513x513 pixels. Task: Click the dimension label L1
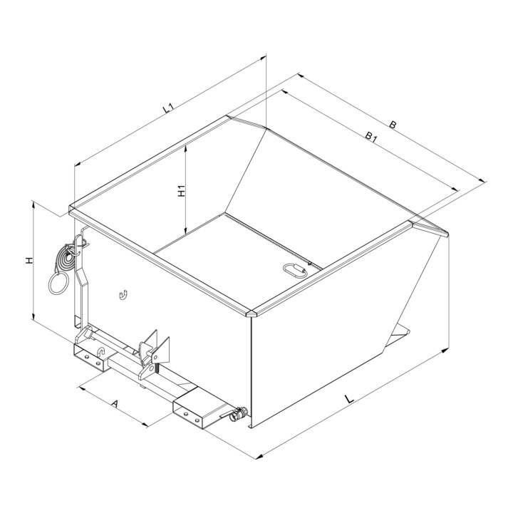169,108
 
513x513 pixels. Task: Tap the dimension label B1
371,137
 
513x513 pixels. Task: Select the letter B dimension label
393,125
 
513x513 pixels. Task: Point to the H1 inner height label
181,191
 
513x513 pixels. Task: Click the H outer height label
30,261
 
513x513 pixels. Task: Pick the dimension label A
114,404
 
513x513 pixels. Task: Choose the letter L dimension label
349,399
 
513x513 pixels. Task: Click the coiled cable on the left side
66,259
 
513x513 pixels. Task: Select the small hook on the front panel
123,295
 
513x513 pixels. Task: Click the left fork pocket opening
88,357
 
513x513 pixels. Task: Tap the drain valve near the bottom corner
237,415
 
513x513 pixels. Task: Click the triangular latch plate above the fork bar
162,351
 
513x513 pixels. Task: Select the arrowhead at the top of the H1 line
185,148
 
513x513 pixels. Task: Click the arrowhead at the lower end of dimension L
259,457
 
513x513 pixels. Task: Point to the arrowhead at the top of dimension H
33,204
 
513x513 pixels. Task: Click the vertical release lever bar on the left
84,281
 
